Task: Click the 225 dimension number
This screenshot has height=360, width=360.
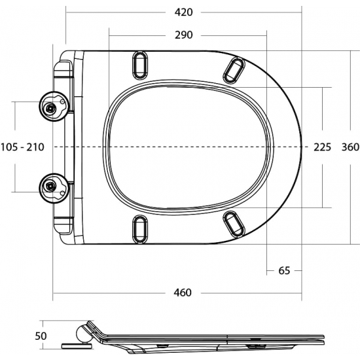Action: [323, 147]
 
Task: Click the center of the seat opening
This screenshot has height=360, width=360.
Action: [189, 147]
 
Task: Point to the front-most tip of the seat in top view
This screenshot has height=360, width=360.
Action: [302, 147]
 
